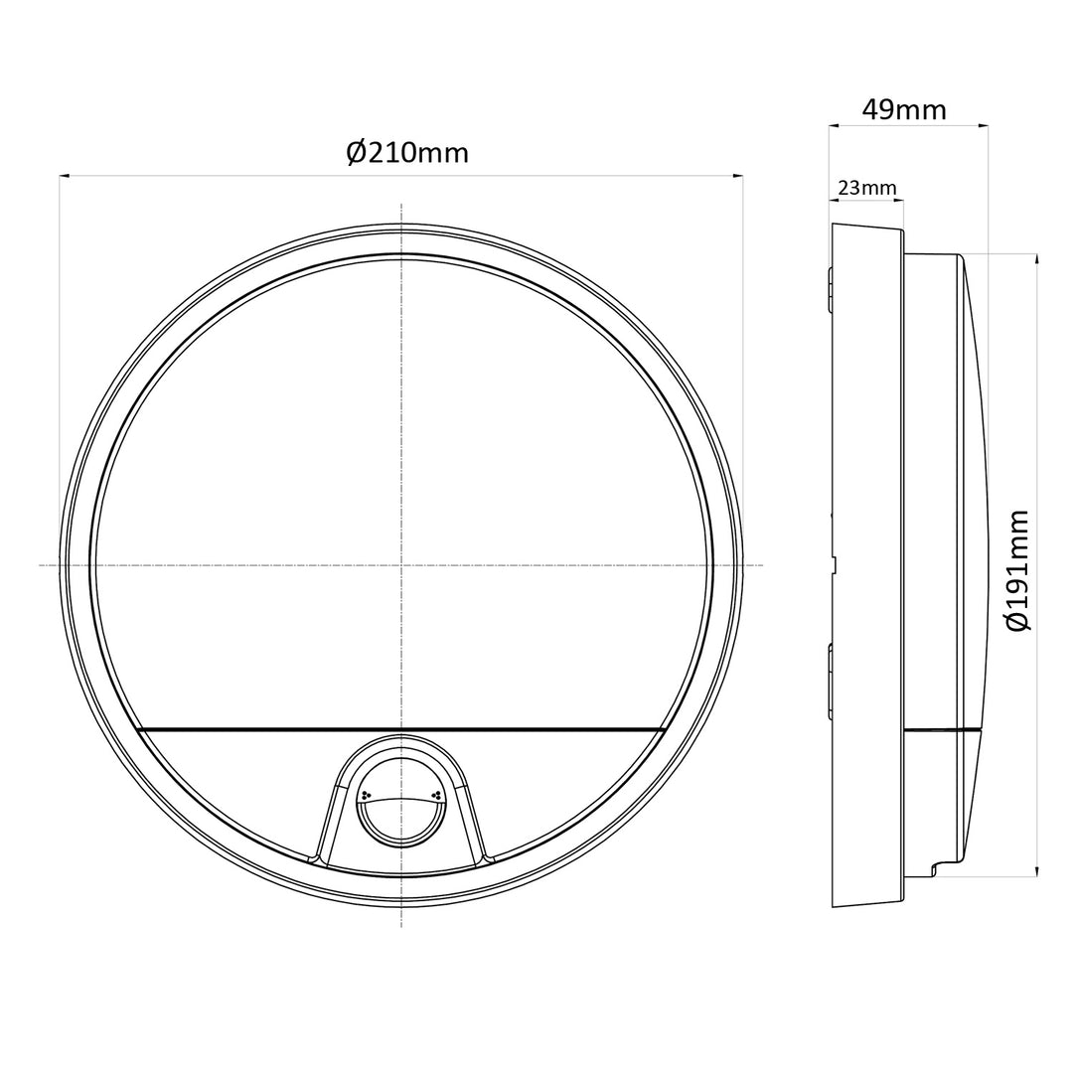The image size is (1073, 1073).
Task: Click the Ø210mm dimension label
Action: coord(407,152)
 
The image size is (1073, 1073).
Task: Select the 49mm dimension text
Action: coord(904,108)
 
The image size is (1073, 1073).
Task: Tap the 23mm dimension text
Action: coord(866,187)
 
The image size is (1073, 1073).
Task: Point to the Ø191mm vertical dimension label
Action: coord(1017,569)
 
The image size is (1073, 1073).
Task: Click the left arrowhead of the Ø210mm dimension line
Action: coord(65,177)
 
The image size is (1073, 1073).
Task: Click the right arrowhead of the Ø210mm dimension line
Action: coord(737,177)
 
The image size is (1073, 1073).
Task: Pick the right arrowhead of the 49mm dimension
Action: coord(983,126)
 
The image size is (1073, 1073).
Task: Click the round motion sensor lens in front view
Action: coord(400,806)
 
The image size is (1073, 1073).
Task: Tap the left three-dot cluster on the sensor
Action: coord(366,795)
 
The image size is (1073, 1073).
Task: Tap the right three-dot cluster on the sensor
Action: coord(435,795)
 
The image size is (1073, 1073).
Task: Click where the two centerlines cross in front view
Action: coord(400,565)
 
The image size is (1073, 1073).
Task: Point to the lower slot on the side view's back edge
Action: coord(830,681)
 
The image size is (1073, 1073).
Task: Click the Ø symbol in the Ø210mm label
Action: coord(358,152)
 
